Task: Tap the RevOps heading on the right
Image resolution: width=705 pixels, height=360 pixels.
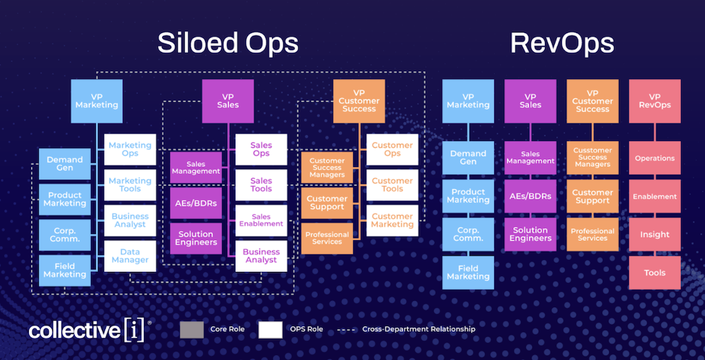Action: pyautogui.click(x=562, y=43)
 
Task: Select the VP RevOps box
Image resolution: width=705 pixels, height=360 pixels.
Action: pyautogui.click(x=654, y=101)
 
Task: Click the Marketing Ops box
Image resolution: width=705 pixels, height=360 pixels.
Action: pyautogui.click(x=130, y=149)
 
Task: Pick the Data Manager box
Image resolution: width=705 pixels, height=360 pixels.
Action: pyautogui.click(x=130, y=256)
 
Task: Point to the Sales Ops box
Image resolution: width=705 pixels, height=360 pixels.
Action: pyautogui.click(x=261, y=149)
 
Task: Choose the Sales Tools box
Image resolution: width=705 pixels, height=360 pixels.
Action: pyautogui.click(x=261, y=185)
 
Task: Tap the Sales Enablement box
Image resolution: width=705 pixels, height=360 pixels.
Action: pyautogui.click(x=261, y=221)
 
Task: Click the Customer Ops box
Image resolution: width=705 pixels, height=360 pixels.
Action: pyautogui.click(x=392, y=149)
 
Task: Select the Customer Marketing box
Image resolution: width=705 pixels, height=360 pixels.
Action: pyautogui.click(x=392, y=221)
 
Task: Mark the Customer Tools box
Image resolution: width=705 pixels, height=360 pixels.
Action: pyautogui.click(x=392, y=185)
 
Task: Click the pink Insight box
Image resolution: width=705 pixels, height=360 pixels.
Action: pyautogui.click(x=654, y=235)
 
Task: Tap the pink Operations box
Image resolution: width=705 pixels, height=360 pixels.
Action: pyautogui.click(x=654, y=159)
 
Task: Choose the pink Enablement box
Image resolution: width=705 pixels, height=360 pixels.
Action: pyautogui.click(x=654, y=197)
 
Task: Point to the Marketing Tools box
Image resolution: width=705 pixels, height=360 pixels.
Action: pyautogui.click(x=130, y=185)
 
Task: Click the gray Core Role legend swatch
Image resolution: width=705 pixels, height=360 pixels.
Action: pyautogui.click(x=192, y=329)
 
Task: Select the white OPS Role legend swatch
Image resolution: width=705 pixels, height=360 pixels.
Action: pyautogui.click(x=270, y=329)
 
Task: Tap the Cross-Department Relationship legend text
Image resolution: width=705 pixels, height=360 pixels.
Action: pyautogui.click(x=419, y=329)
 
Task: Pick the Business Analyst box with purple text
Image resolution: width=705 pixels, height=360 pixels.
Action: pyautogui.click(x=261, y=256)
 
